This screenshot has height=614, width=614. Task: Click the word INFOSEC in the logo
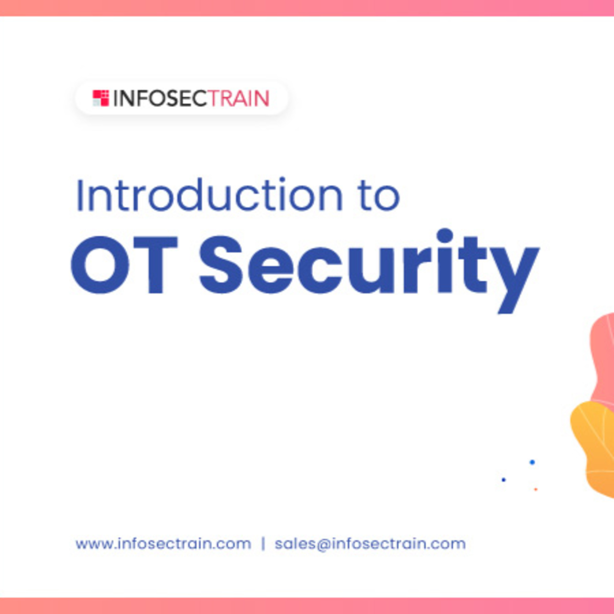click(x=160, y=98)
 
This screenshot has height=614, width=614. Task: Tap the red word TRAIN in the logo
click(x=238, y=98)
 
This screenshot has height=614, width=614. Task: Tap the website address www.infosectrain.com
click(x=163, y=544)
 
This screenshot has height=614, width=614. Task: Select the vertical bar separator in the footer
click(x=263, y=544)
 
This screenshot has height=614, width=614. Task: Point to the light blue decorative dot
click(x=532, y=462)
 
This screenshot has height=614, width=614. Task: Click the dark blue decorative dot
click(x=503, y=480)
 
